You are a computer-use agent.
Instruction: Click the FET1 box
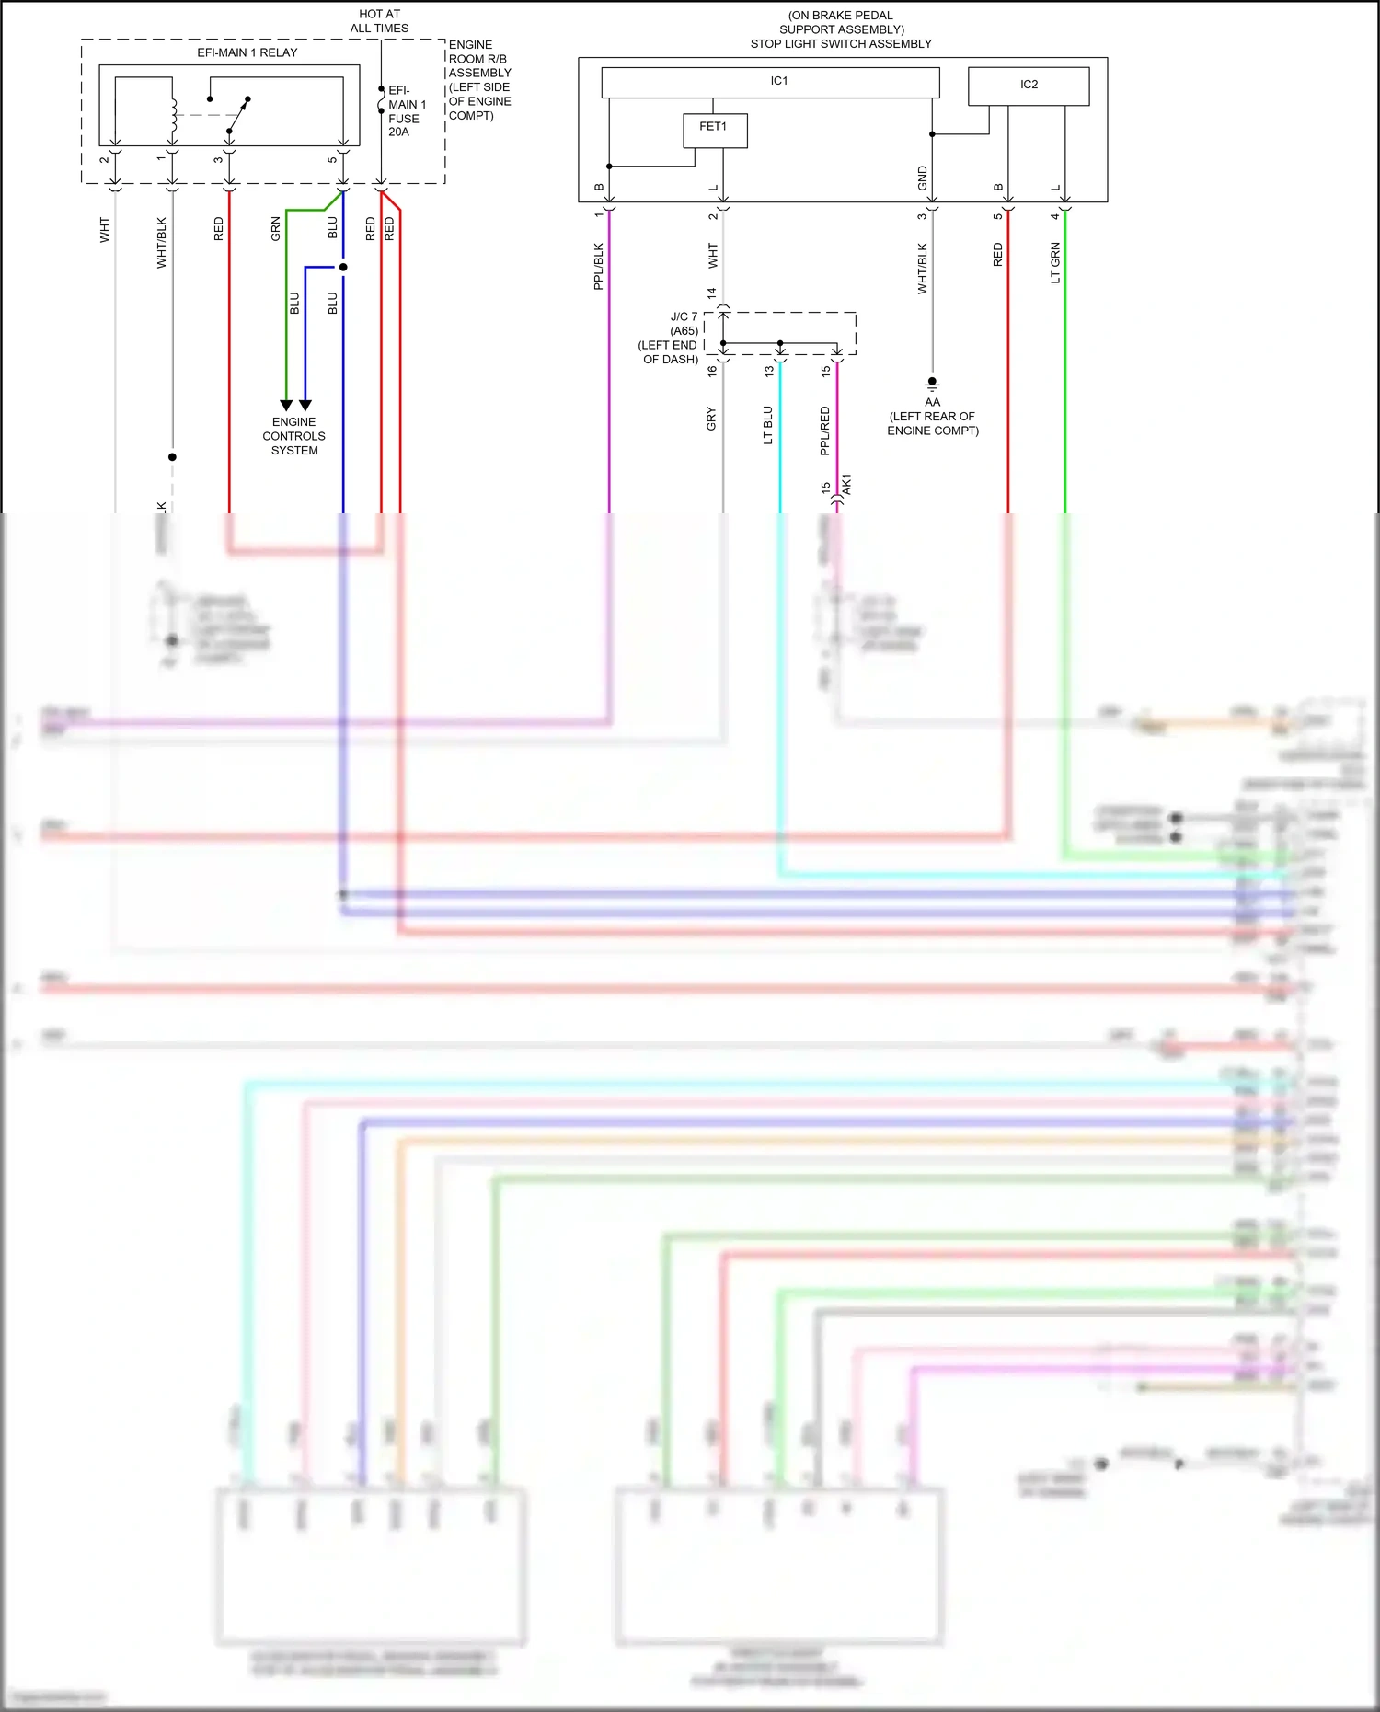pos(715,130)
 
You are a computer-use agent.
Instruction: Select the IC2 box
pos(1029,86)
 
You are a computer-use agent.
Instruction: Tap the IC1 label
pos(779,81)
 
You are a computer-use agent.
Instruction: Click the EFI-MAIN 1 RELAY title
pos(247,52)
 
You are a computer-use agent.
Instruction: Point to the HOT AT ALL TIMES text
pos(379,21)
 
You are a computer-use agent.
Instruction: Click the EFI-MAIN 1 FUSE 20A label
pos(406,111)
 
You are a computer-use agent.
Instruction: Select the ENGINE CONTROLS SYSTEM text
pos(293,436)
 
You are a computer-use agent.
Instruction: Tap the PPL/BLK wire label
pos(599,266)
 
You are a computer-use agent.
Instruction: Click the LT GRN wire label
pos(1055,263)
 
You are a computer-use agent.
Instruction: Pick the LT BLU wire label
pos(768,425)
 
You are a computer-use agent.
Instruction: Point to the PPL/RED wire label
pos(825,431)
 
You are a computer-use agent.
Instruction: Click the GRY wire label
pos(711,419)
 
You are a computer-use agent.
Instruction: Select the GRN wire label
pos(275,229)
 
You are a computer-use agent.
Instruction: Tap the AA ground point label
pos(932,403)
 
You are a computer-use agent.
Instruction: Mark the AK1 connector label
pos(846,484)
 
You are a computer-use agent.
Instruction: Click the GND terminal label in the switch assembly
pos(923,178)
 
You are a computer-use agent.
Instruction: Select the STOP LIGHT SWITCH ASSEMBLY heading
pos(841,43)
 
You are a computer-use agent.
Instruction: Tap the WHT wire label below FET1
pos(713,256)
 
